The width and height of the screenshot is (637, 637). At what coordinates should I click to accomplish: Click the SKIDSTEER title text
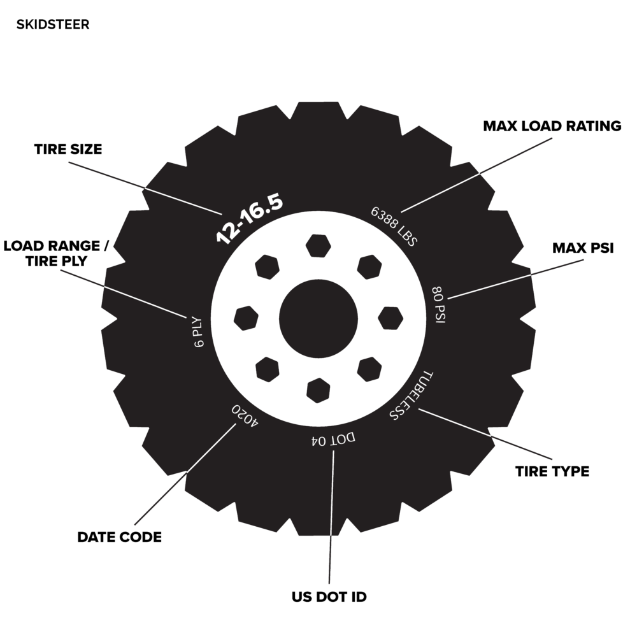point(53,24)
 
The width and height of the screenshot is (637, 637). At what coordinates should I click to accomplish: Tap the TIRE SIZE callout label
point(68,149)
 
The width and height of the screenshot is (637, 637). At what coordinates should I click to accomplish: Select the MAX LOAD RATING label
point(552,126)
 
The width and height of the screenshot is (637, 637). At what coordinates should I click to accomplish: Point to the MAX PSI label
point(583,248)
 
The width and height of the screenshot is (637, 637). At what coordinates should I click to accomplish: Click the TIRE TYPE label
point(552,471)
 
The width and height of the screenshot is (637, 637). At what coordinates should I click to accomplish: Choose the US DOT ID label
point(329,597)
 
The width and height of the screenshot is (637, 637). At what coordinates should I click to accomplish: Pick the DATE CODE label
point(120,537)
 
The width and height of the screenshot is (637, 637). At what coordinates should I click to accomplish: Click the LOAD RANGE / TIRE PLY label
point(56,254)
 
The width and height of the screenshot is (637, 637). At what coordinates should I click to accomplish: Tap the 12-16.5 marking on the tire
point(249,219)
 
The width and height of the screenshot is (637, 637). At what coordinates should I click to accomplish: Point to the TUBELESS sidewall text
point(411,396)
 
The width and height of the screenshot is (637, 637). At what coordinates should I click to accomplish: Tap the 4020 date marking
point(245,415)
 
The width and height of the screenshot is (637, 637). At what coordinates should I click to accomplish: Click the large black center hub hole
point(318,318)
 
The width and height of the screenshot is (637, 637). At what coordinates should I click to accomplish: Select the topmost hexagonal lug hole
point(318,246)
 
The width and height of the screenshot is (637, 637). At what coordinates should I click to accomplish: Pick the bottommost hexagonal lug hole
point(318,390)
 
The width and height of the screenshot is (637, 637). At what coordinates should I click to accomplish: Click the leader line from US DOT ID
point(332,517)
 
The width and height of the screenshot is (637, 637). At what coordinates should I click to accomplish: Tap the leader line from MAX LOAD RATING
point(476,175)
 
